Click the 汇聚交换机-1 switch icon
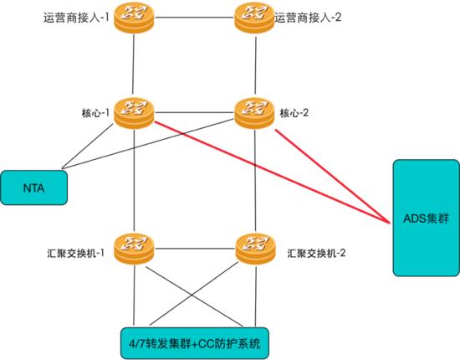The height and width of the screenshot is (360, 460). click(x=134, y=245)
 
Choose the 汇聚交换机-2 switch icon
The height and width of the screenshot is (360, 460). click(x=252, y=245)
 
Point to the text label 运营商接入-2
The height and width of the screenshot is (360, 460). click(x=309, y=16)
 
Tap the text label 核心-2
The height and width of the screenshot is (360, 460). click(x=294, y=111)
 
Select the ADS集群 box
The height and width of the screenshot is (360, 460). click(x=426, y=217)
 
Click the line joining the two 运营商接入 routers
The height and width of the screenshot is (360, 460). click(x=192, y=14)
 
